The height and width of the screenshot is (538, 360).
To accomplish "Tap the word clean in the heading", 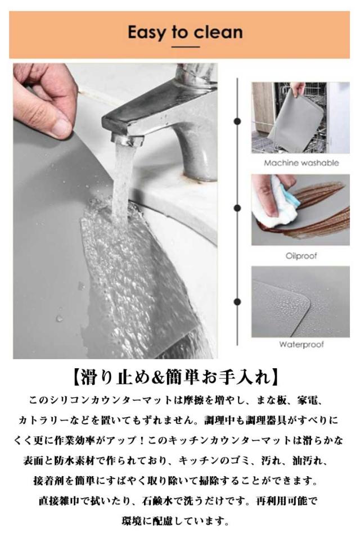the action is point(218,32).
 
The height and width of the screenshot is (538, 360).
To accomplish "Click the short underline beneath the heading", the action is point(185,47).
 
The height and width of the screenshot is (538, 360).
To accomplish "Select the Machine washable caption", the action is point(301,163).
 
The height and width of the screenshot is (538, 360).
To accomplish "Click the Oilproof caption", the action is point(301,256).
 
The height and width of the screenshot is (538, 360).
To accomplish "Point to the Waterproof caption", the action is point(301,345).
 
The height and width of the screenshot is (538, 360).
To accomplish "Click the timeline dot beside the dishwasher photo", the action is point(237,121).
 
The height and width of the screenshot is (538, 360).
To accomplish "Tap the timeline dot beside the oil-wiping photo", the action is point(237,208).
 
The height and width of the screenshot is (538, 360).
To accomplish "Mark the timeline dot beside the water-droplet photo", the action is point(237,301).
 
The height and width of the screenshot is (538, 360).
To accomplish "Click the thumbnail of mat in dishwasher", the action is point(300,117).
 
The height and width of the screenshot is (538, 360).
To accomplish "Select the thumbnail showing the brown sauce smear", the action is point(300,210).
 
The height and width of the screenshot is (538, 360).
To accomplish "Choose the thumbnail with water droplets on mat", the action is point(300,301).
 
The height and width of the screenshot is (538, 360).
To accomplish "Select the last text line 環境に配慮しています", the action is point(175,521).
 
